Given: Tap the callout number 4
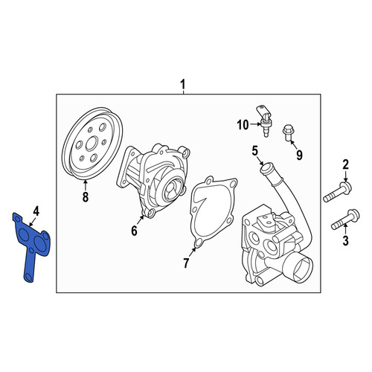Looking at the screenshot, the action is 36,211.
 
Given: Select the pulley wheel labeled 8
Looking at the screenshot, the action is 92,143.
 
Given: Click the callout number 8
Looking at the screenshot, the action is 86,197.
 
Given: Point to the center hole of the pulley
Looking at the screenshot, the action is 92,144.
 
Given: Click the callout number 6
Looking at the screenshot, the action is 134,231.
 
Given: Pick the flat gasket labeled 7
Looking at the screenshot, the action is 213,212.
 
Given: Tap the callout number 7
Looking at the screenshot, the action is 186,263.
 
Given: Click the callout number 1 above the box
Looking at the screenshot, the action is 183,85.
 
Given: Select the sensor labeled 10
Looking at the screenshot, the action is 263,121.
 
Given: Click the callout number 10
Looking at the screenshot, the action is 243,125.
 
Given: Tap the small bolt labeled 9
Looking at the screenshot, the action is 288,133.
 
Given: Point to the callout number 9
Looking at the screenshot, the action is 300,155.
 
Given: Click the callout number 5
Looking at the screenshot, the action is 255,151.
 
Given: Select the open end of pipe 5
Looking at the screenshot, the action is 266,168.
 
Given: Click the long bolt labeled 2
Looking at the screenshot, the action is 337,192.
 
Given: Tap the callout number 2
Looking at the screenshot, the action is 346,164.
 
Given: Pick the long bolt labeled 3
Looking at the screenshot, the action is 345,219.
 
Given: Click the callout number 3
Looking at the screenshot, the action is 345,241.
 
